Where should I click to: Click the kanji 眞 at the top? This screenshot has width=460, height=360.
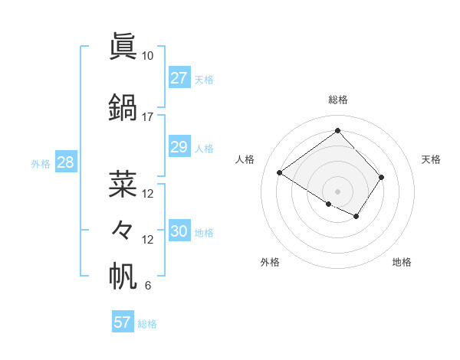point(123,46)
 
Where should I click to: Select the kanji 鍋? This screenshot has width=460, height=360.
point(123,107)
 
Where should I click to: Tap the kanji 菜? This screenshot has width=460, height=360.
point(123,184)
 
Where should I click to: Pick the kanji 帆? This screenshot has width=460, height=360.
point(123,277)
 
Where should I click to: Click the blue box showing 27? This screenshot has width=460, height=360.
point(179,79)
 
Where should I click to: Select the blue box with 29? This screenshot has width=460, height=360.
point(179,148)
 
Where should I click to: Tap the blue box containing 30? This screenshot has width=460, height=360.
point(179,232)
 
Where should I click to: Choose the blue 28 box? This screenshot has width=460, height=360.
point(65,163)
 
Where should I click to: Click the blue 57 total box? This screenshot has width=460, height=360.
point(122,322)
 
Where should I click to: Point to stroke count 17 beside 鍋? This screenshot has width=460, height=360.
point(147,117)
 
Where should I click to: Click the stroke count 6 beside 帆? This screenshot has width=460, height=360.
point(147,286)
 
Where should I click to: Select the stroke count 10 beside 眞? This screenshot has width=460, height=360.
point(147,56)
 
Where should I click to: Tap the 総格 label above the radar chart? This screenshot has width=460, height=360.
point(337,100)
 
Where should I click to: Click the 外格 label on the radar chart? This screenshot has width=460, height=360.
point(270,262)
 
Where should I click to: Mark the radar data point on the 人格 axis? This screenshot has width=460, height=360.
point(280,173)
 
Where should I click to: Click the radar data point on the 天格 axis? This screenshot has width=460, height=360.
point(382,177)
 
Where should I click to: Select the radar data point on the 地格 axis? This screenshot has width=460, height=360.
point(356,217)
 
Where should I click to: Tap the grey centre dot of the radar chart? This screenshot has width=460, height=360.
point(337,191)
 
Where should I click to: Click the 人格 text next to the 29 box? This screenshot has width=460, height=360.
point(204,149)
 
